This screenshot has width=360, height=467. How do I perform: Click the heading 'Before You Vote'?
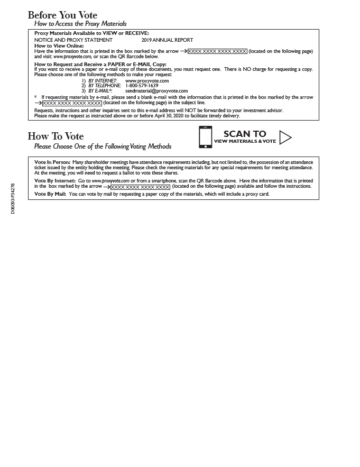[62, 15]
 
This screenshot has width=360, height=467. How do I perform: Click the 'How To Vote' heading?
[56, 136]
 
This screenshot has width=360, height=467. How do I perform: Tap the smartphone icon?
[205, 137]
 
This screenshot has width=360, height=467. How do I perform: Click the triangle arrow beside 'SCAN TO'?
[285, 138]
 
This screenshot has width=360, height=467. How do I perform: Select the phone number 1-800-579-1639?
[142, 86]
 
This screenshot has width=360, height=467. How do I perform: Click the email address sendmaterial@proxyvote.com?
[156, 91]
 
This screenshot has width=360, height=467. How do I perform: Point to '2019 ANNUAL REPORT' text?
[167, 40]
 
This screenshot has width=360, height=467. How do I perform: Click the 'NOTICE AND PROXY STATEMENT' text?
[73, 40]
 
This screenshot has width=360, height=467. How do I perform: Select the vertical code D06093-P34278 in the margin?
[13, 198]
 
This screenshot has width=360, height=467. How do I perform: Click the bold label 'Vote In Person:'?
[52, 162]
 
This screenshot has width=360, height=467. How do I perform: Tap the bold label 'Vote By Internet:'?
[55, 181]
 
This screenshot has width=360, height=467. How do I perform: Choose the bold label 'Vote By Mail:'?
[50, 194]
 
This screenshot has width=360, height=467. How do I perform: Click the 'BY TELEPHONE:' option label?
[105, 86]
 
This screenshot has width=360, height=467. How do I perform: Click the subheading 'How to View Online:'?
[59, 46]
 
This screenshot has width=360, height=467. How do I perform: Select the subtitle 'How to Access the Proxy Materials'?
[80, 24]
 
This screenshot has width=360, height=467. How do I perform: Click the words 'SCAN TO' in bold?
[245, 134]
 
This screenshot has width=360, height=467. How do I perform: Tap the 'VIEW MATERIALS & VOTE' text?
[245, 141]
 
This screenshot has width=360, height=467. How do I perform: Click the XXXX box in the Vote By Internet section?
[140, 187]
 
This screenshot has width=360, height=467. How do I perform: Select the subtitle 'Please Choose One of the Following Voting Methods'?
[103, 146]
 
